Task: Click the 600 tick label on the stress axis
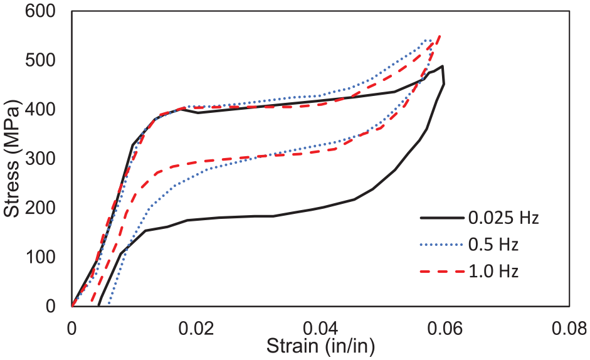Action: pos(40,11)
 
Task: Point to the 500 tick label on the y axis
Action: pos(40,60)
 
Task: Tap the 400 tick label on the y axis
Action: pos(40,110)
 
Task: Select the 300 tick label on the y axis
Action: pos(40,159)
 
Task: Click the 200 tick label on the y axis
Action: pos(40,208)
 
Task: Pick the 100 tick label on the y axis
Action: pos(40,257)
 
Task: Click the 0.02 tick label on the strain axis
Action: pos(196,329)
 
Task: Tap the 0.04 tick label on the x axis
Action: pos(320,329)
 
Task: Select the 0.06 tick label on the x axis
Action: pos(445,329)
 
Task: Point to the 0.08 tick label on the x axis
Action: pos(569,329)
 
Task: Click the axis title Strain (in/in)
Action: pos(320,346)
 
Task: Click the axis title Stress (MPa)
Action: pos(12,159)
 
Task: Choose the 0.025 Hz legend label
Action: pos(503,218)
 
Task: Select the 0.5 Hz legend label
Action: pos(493,245)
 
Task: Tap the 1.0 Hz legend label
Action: pos(493,272)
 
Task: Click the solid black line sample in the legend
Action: pos(442,218)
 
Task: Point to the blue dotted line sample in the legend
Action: pos(442,245)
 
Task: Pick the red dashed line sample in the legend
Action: pos(442,272)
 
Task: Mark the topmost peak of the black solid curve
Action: pos(443,66)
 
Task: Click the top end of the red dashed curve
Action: pos(440,36)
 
